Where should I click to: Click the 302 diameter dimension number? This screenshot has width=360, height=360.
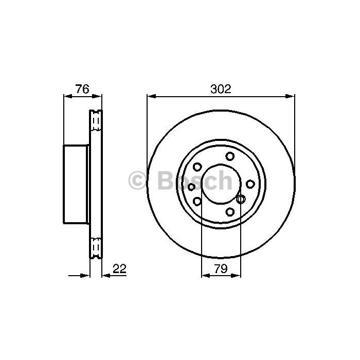coord(221,89)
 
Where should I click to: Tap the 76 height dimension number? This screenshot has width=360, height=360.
coord(82,89)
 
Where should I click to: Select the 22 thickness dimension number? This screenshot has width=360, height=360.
coord(120,268)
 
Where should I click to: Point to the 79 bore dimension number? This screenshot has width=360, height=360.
coord(221,268)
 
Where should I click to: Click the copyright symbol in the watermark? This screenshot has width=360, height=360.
coord(137,181)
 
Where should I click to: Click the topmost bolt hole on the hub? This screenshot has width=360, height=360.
coord(230,156)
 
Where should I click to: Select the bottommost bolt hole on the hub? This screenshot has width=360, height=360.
coord(230,212)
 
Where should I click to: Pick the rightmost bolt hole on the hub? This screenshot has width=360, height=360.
coord(250,184)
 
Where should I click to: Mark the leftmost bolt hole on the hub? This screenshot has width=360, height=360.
coord(191,187)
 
